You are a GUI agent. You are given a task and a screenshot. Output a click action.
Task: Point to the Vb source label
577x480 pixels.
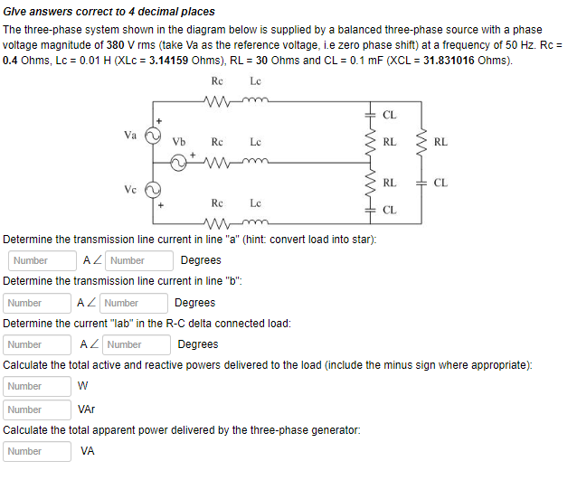[179, 142]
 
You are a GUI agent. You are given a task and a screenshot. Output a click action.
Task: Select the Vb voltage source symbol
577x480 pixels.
[179, 163]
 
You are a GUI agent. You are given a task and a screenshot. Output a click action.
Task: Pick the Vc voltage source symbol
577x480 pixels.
[155, 190]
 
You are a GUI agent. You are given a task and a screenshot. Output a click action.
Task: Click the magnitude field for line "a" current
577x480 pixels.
[43, 260]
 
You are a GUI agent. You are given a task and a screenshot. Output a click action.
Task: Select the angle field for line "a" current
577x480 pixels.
[140, 260]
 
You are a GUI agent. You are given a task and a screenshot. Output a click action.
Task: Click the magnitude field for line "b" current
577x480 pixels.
[38, 303]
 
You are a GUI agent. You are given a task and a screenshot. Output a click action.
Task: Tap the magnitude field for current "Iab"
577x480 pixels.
[38, 344]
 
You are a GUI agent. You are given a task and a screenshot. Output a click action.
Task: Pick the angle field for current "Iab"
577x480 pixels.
[137, 344]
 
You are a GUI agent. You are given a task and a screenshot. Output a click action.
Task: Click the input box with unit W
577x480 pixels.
[38, 386]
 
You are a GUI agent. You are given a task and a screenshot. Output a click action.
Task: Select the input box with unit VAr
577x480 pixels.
[38, 409]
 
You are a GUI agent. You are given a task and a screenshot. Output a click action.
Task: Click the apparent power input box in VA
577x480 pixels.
[38, 451]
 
